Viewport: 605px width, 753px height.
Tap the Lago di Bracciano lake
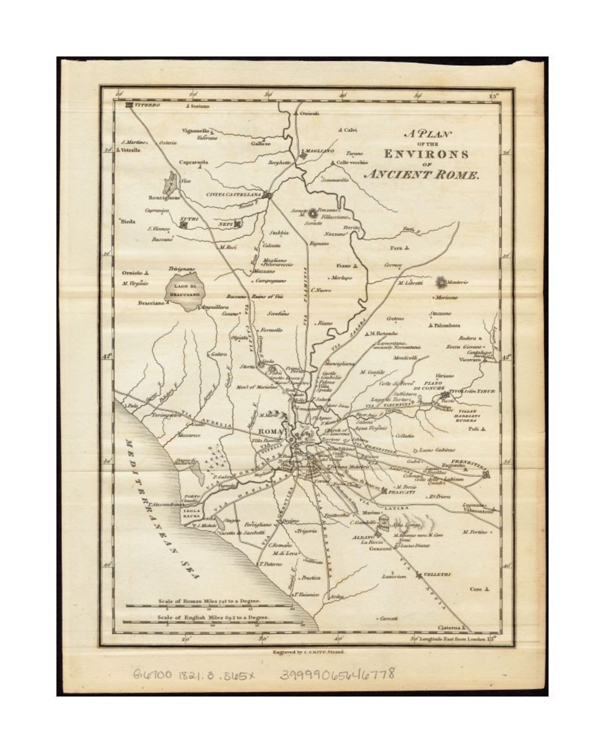(x=186, y=292)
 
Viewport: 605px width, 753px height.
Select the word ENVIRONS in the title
(x=426, y=154)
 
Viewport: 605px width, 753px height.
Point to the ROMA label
(x=270, y=431)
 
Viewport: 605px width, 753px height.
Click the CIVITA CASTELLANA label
(x=235, y=195)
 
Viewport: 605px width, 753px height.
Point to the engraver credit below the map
(x=309, y=652)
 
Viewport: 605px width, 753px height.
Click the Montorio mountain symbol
(x=442, y=283)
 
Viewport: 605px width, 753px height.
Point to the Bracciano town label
(x=151, y=303)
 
